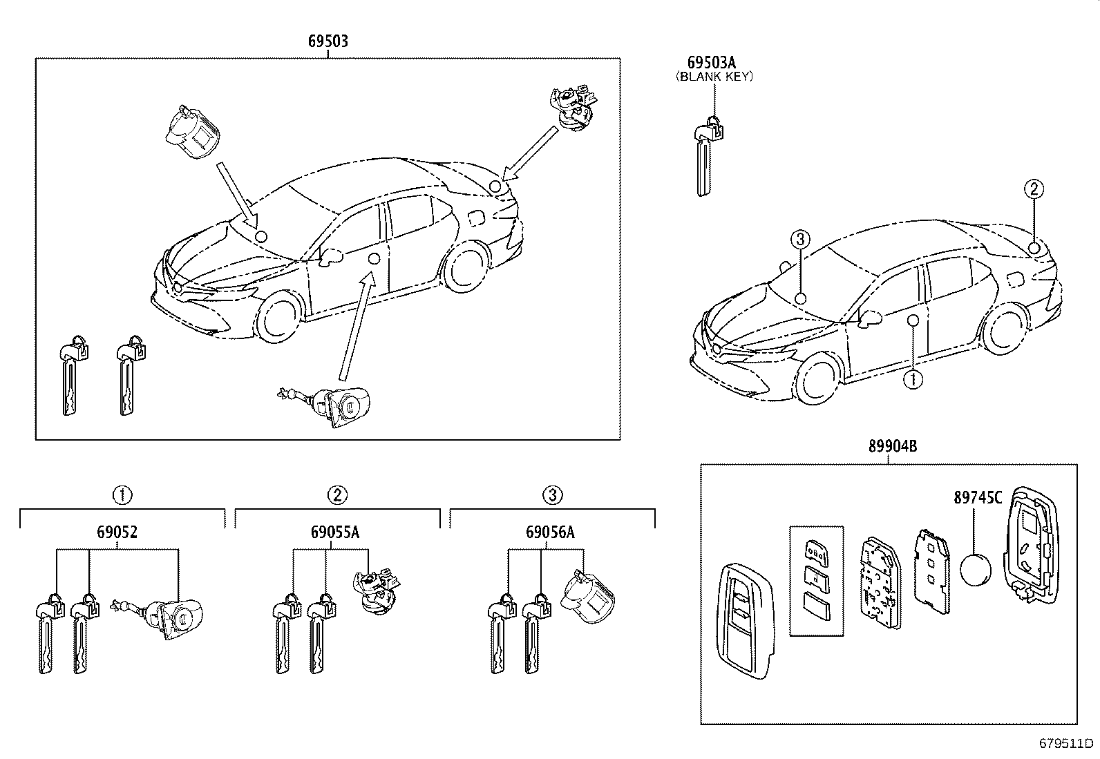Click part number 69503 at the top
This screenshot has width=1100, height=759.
328,41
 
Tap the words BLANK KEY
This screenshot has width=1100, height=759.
714,77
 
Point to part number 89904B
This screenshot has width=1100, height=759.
893,447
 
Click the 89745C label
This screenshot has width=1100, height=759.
978,498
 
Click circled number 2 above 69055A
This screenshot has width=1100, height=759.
337,494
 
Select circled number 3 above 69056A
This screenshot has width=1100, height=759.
552,494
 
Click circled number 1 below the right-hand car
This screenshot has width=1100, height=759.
913,379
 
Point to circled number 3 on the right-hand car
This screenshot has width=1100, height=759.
799,240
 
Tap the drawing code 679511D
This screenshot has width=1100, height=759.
1067,744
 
